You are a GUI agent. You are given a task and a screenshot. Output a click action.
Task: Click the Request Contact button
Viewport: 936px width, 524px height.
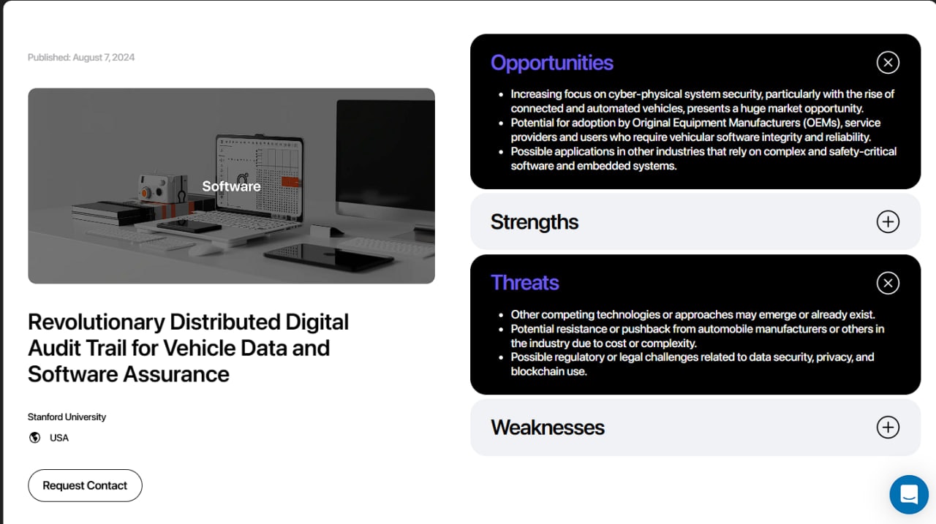(85, 485)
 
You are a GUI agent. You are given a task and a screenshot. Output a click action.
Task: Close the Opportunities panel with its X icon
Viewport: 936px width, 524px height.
(888, 63)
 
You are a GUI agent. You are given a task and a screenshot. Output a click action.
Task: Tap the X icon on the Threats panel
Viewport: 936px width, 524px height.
(888, 283)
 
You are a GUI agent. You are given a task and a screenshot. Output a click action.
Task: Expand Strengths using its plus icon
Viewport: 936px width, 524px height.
(888, 221)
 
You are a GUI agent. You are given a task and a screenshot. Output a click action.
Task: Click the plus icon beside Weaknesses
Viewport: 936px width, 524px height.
(888, 427)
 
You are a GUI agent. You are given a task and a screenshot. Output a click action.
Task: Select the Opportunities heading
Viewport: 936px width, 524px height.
(551, 63)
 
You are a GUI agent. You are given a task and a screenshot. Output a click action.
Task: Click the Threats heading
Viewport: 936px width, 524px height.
(524, 283)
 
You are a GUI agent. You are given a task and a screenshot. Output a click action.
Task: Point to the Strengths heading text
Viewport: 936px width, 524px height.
(535, 222)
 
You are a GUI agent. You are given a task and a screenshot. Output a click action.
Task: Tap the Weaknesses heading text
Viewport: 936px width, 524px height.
(548, 428)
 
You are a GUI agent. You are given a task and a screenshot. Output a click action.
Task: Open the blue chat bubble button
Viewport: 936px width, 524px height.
(909, 494)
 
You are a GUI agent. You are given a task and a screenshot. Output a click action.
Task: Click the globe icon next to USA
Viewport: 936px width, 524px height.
(34, 438)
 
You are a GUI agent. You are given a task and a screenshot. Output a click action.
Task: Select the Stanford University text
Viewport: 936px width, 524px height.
(67, 417)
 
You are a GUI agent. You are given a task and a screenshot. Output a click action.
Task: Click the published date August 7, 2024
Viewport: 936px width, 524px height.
(104, 57)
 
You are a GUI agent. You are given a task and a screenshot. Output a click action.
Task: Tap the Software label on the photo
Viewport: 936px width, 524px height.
(231, 186)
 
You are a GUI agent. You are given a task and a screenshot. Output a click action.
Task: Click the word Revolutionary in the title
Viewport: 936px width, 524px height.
(97, 322)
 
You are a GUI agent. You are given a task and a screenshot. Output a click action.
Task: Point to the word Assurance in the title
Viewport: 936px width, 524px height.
(176, 374)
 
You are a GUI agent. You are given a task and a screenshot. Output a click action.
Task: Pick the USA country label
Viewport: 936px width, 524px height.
(59, 438)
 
